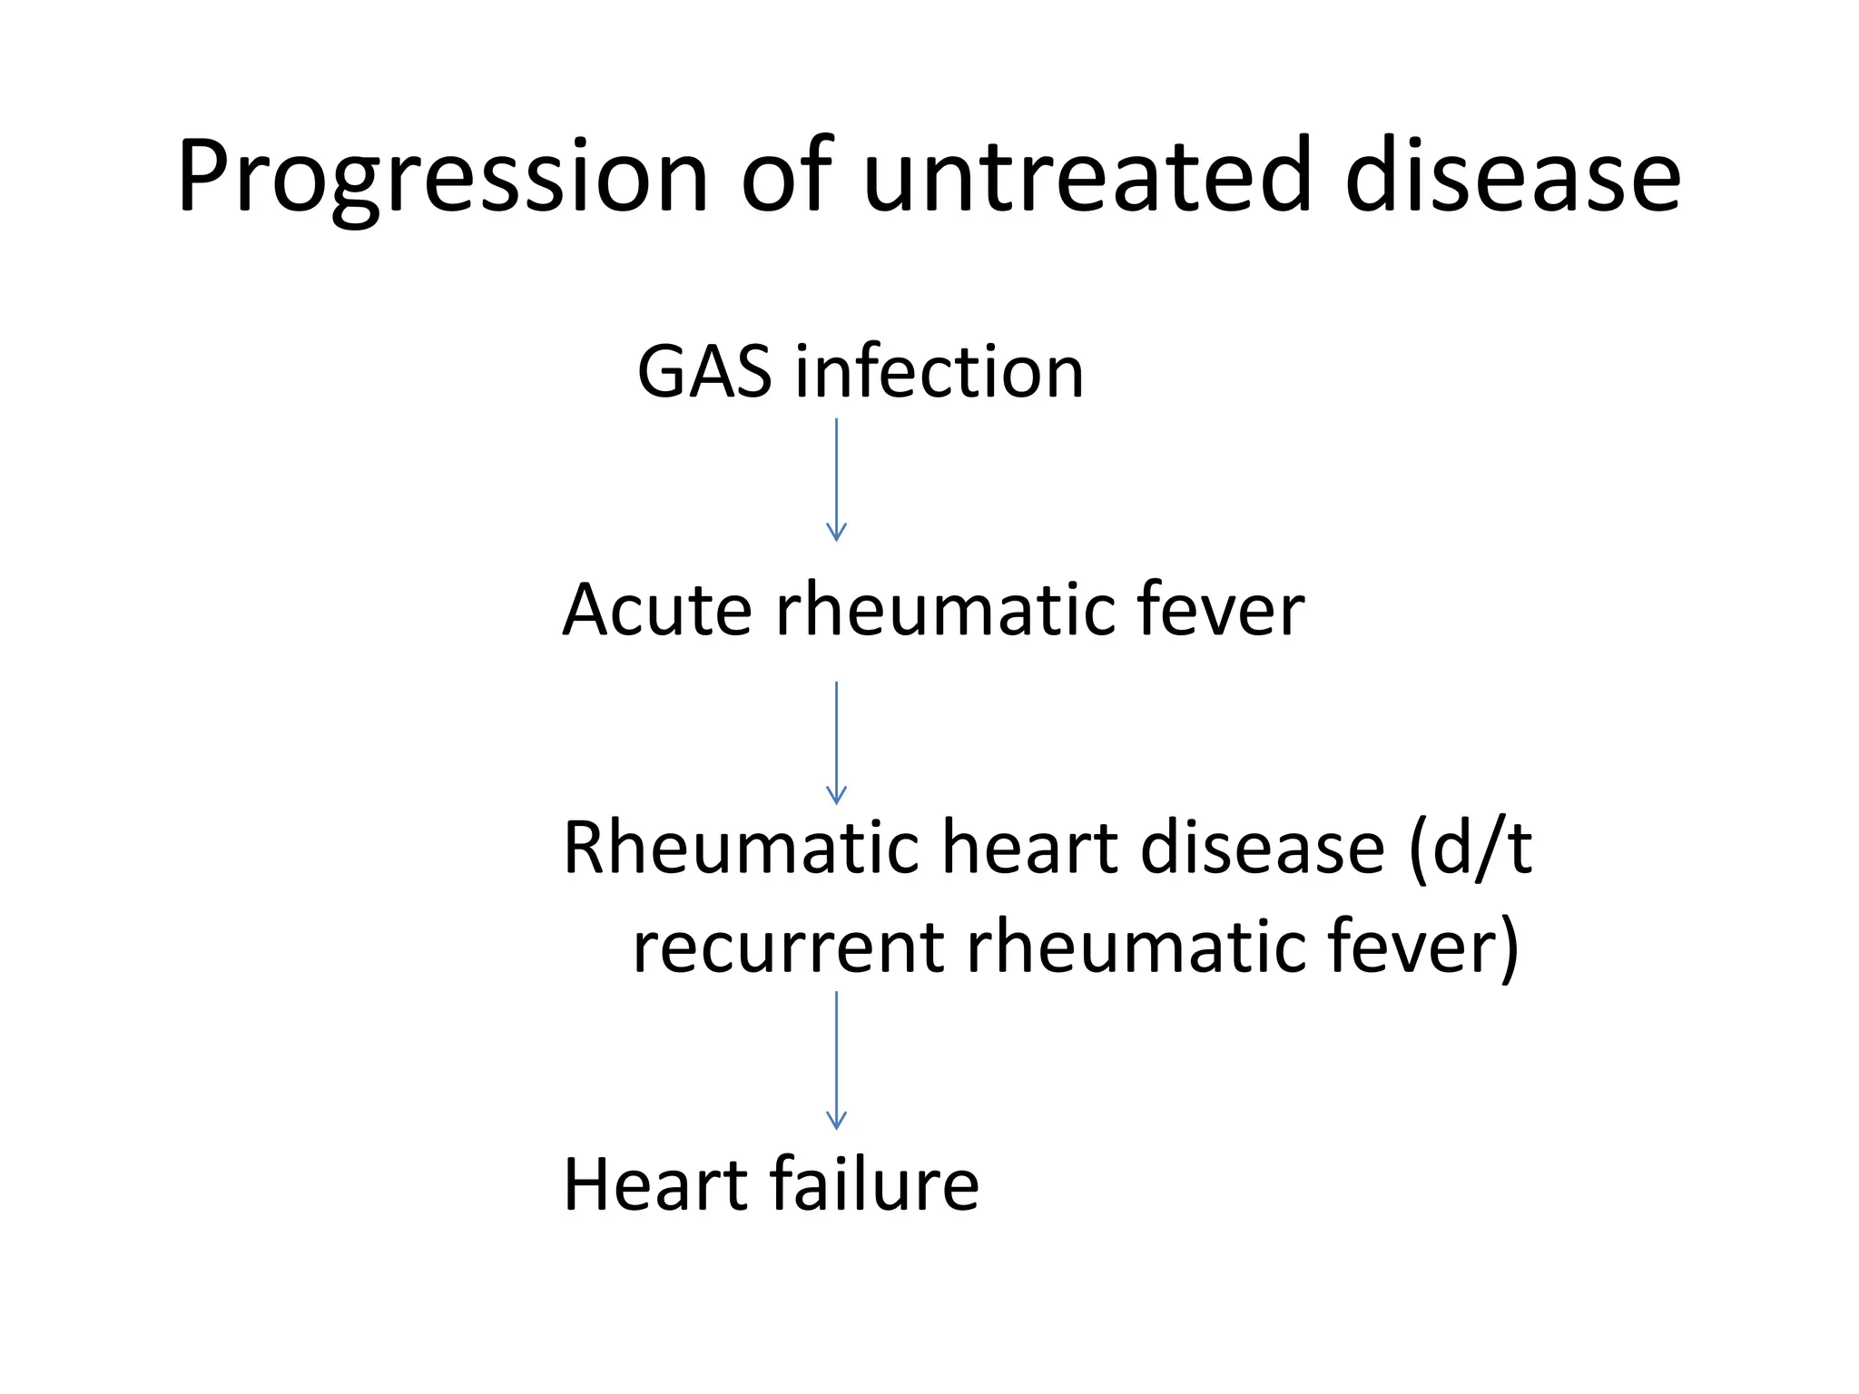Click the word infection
(x=939, y=372)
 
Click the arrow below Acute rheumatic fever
(x=836, y=742)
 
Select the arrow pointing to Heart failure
(x=836, y=1060)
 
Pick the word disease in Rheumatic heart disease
(x=1262, y=848)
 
